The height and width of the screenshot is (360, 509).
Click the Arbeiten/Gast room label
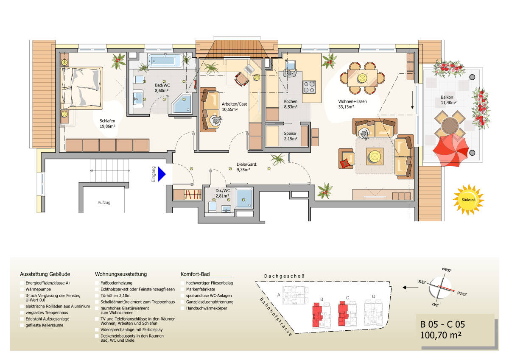235,106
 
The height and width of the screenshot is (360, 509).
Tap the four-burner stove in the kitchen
309,87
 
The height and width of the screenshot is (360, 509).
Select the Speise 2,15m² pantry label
291,136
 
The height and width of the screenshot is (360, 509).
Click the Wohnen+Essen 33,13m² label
352,104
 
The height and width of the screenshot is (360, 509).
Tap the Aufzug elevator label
103,203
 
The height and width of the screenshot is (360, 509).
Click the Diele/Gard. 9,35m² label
247,167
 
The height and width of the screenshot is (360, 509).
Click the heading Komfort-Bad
195,274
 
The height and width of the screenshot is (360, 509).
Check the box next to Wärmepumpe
22,289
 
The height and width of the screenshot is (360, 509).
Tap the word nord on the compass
462,293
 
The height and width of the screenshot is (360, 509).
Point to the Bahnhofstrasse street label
276,316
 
